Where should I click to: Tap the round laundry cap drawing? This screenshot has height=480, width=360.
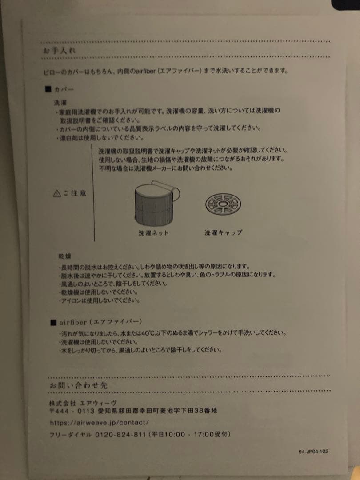(223, 203)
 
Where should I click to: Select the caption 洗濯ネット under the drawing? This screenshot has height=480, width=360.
(153, 233)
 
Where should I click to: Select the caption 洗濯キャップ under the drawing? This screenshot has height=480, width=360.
(224, 232)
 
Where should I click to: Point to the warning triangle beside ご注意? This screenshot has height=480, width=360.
(56, 193)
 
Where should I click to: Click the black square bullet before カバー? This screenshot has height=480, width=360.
(48, 89)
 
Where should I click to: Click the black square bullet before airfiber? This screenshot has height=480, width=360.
(53, 321)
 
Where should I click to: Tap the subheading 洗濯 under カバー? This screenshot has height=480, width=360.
(60, 102)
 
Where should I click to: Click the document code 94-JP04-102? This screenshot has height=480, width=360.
(313, 452)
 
